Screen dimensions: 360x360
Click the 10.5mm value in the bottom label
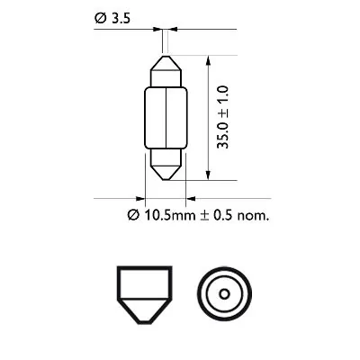158,216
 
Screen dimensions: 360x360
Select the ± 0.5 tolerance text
210,216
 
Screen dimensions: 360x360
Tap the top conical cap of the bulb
166,68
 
